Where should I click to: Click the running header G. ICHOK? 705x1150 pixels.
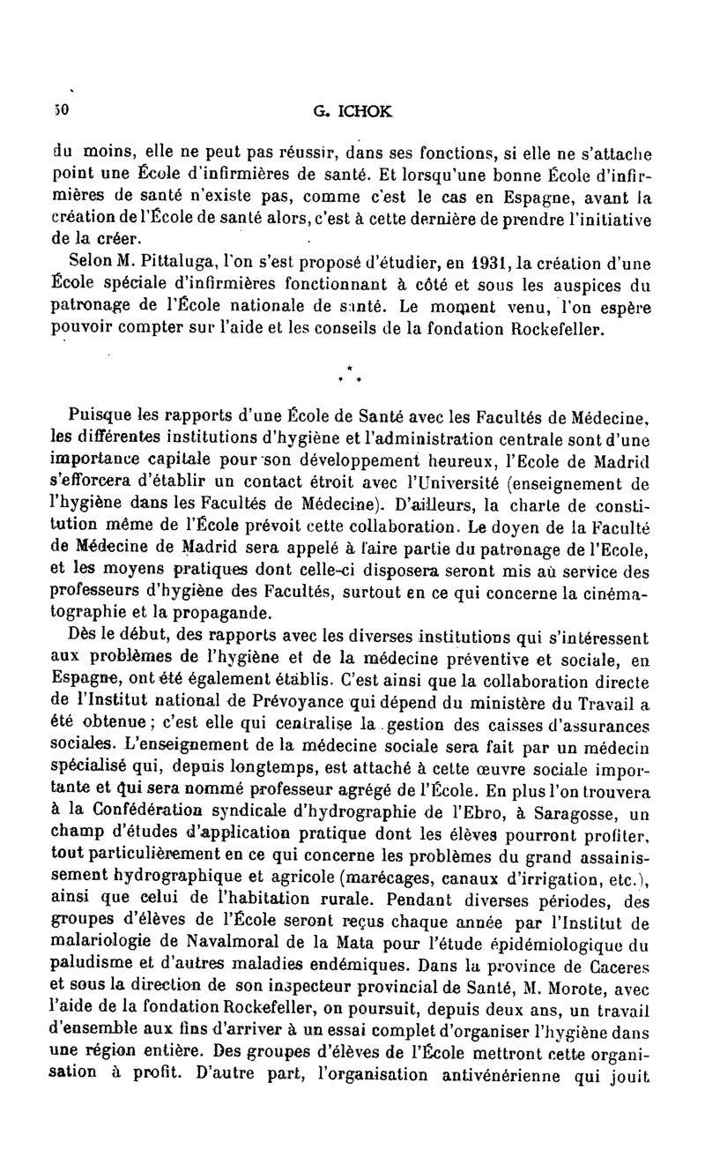pos(352,113)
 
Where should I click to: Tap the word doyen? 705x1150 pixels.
pos(509,530)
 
